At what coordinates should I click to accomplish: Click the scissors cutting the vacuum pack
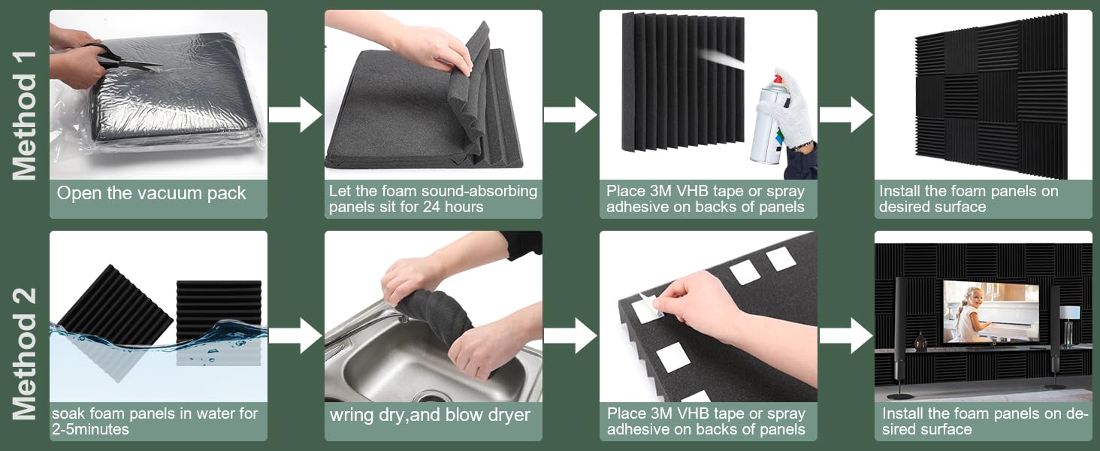pyautogui.click(x=122, y=58)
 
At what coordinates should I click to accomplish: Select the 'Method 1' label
pyautogui.click(x=25, y=116)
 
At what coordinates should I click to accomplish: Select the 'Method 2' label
pyautogui.click(x=25, y=354)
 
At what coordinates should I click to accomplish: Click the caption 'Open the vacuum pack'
pyautogui.click(x=151, y=193)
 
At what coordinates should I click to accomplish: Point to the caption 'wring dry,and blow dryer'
pyautogui.click(x=430, y=415)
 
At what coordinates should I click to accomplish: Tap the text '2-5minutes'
pyautogui.click(x=90, y=429)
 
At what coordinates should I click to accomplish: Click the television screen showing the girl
pyautogui.click(x=991, y=311)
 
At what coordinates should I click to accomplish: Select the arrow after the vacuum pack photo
pyautogui.click(x=295, y=114)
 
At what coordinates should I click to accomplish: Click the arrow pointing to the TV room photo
pyautogui.click(x=846, y=335)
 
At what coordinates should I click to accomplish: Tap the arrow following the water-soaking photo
pyautogui.click(x=295, y=335)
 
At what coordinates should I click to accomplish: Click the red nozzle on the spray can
pyautogui.click(x=778, y=79)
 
